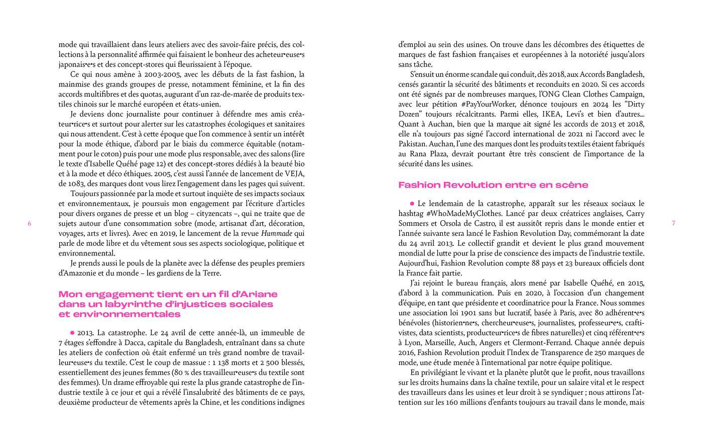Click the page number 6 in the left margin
coord(30,223)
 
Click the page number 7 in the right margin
coord(673,223)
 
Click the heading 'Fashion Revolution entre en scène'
coord(493,185)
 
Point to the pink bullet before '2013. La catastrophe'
coord(72,332)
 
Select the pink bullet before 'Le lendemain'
coord(412,204)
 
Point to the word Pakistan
coord(414,144)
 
